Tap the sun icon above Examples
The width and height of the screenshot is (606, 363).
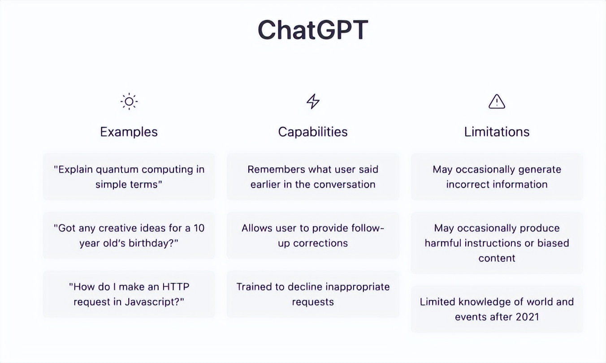129,101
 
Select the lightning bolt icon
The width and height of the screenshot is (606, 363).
313,101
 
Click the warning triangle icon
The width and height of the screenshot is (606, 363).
497,101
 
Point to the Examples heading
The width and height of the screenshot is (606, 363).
129,132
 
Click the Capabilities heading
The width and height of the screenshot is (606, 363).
313,132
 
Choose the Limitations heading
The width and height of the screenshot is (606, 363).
497,132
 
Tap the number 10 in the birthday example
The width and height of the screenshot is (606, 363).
199,228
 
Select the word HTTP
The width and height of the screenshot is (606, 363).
176,287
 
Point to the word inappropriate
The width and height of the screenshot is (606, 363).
358,287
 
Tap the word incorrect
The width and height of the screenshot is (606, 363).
468,185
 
